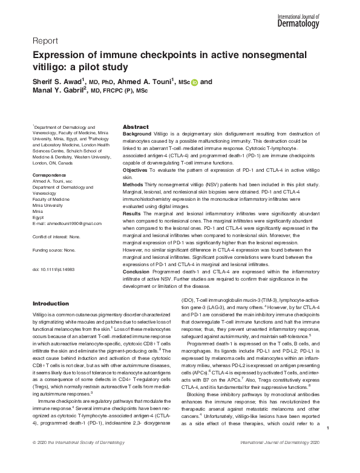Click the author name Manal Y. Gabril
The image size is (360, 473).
[x=58, y=91]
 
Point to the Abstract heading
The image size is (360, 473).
[x=136, y=127]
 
